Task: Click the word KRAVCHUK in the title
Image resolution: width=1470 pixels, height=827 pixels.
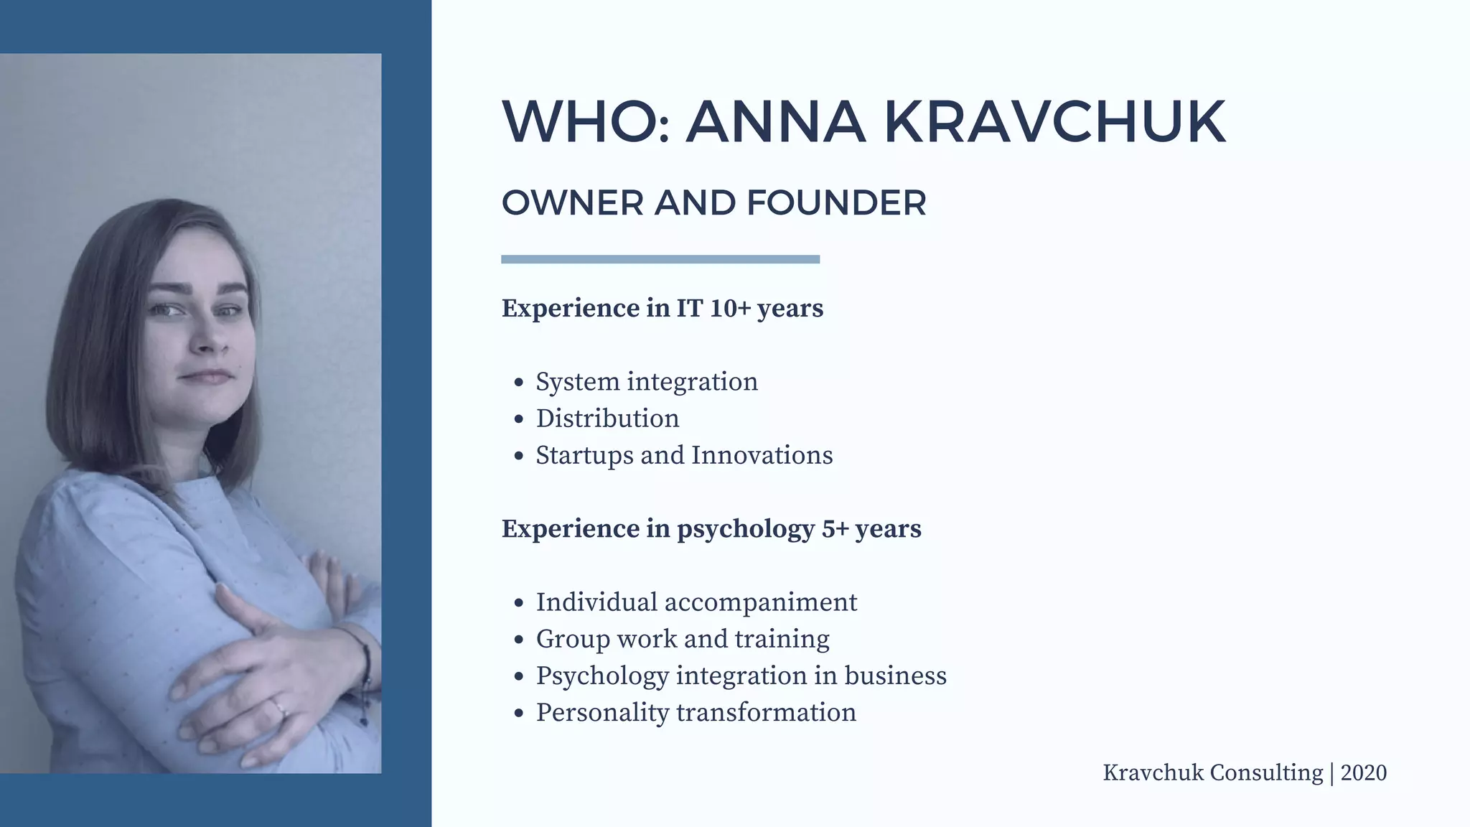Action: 1054,122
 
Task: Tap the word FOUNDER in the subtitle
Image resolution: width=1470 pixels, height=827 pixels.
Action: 836,203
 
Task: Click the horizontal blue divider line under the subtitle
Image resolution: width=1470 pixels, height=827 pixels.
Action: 660,259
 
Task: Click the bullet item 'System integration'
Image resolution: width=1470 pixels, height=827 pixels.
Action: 647,382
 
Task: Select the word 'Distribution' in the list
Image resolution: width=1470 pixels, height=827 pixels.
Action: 607,419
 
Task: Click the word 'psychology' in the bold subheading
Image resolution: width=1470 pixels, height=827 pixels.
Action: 746,530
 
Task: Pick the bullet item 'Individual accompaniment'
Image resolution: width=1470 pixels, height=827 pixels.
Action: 696,602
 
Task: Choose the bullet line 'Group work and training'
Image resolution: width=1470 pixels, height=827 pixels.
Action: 683,639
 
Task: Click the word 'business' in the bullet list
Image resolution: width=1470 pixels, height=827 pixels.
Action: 895,676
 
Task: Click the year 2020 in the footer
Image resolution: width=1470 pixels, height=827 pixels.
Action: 1363,773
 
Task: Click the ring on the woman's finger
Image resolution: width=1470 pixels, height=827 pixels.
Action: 279,709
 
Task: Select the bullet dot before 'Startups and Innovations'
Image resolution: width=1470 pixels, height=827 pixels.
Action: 519,457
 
